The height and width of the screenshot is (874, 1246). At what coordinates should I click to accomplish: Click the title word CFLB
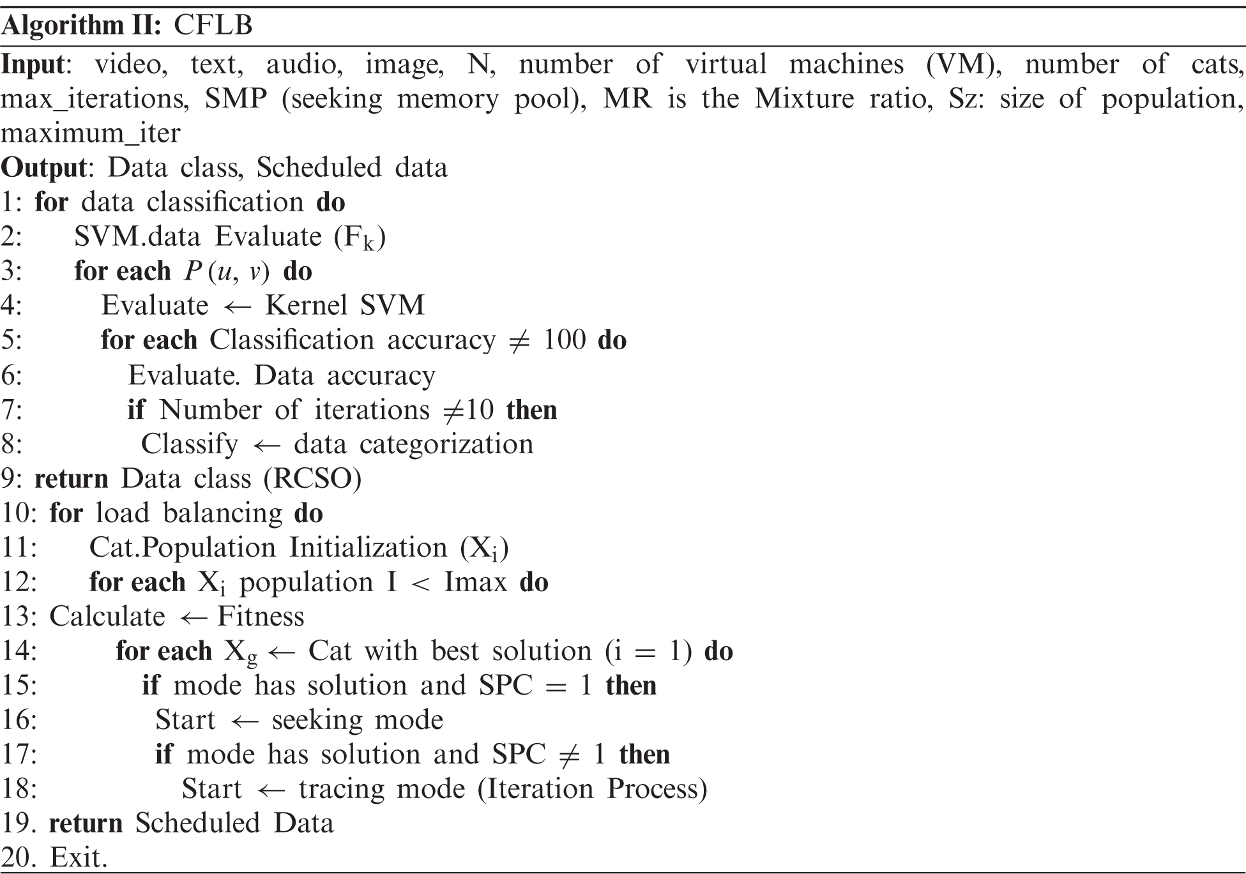(213, 26)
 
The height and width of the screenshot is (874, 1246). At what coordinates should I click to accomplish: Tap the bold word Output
(43, 167)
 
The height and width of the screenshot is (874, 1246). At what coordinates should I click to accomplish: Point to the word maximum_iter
(90, 133)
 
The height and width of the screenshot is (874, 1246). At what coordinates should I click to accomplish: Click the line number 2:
(11, 237)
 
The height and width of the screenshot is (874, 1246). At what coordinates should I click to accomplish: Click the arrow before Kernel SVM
(237, 306)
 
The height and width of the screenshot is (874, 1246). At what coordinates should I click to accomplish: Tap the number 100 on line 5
(564, 340)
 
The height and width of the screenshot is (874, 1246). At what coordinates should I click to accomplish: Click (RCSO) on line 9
(313, 478)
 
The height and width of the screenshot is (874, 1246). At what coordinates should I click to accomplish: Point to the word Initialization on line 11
(368, 547)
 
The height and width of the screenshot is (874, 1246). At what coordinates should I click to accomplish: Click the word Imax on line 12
(475, 582)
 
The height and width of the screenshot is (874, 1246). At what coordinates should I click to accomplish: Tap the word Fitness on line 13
(261, 616)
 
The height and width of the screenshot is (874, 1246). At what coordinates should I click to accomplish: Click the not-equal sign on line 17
(569, 755)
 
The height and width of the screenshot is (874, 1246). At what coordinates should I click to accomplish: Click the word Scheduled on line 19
(197, 823)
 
